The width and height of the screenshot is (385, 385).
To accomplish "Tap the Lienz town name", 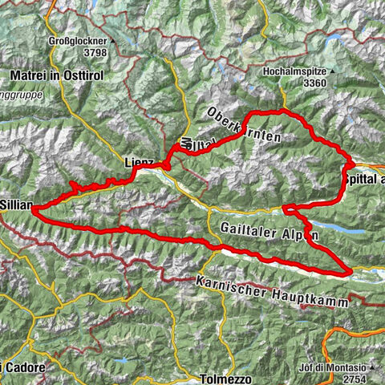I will coord(138,162).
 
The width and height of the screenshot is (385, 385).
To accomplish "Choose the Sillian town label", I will coord(15,205).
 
